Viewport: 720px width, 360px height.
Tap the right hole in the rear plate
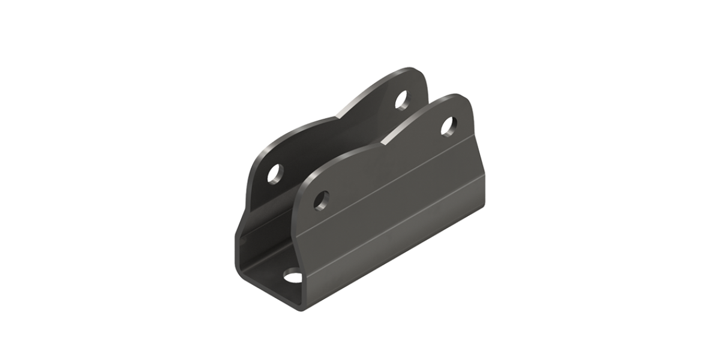[x=400, y=99]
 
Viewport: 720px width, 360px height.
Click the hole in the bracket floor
[x=293, y=277]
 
